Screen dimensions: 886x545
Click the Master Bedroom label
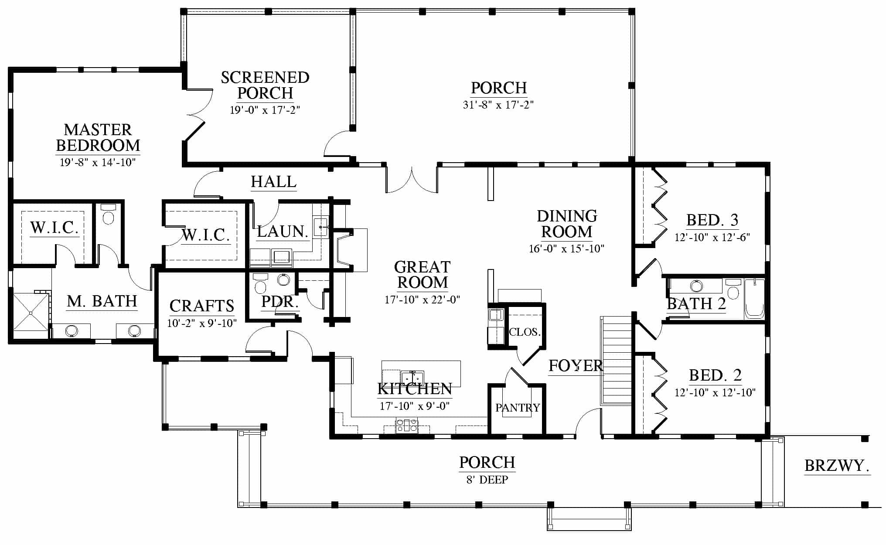[98, 137]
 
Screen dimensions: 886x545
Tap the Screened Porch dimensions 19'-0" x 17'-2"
[265, 109]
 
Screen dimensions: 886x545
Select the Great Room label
[423, 275]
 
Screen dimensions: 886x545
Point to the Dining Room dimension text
[566, 249]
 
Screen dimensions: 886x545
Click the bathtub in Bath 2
[754, 299]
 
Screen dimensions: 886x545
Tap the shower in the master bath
[31, 313]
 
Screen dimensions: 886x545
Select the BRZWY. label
[837, 466]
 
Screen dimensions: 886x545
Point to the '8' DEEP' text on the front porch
[487, 480]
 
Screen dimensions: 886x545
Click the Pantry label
[518, 408]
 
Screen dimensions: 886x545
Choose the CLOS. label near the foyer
[525, 332]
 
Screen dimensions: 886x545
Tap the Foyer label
[576, 366]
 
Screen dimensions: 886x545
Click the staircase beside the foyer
[616, 361]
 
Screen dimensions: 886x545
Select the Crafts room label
[202, 306]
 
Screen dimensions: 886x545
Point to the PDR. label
[280, 302]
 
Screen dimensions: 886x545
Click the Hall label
[274, 182]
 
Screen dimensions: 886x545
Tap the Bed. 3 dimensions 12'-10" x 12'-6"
[712, 238]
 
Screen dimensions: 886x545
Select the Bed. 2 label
[715, 375]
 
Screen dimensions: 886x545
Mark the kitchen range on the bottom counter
[406, 426]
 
